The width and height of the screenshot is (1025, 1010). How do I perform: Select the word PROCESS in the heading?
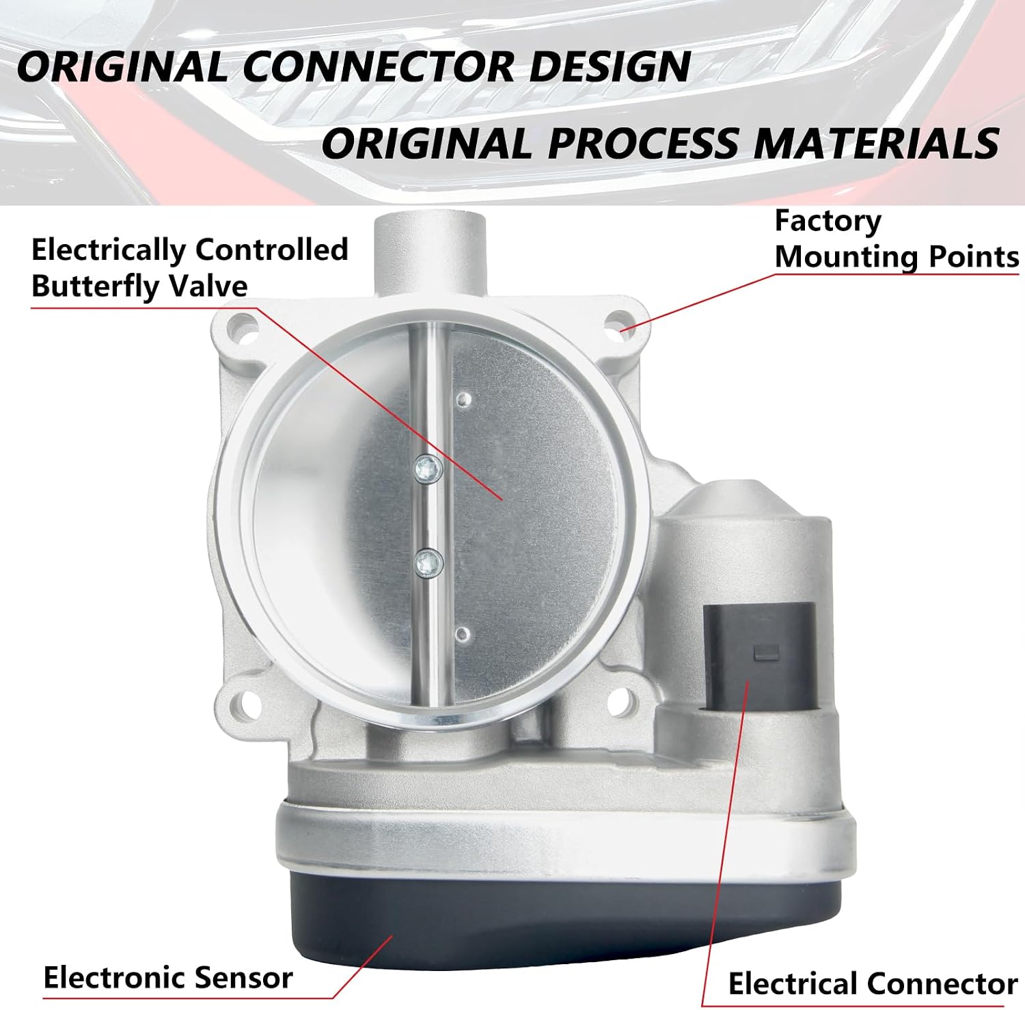643,144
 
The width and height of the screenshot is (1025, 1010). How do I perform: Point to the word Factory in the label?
828,222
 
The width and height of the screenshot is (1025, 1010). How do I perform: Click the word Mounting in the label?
846,257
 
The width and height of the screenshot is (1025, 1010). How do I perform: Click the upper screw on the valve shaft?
428,470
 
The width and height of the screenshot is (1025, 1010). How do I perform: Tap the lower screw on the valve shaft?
428,563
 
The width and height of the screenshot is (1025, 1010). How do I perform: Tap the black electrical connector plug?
759,656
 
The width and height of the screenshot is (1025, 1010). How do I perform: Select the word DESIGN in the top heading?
610,67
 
